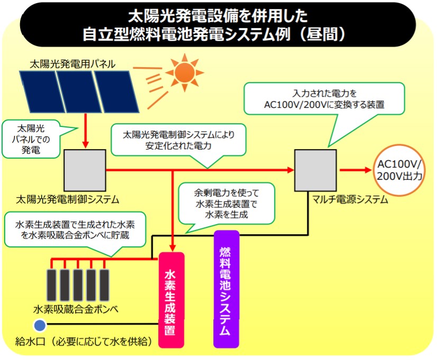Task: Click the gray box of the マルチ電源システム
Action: tap(315, 170)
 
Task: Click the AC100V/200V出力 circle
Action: tap(399, 170)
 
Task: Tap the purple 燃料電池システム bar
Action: tap(226, 289)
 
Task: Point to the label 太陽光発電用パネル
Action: tap(72, 64)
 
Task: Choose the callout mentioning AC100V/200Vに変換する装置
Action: tap(324, 98)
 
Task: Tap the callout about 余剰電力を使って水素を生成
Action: tap(227, 202)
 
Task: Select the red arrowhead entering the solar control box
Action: tap(85, 144)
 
